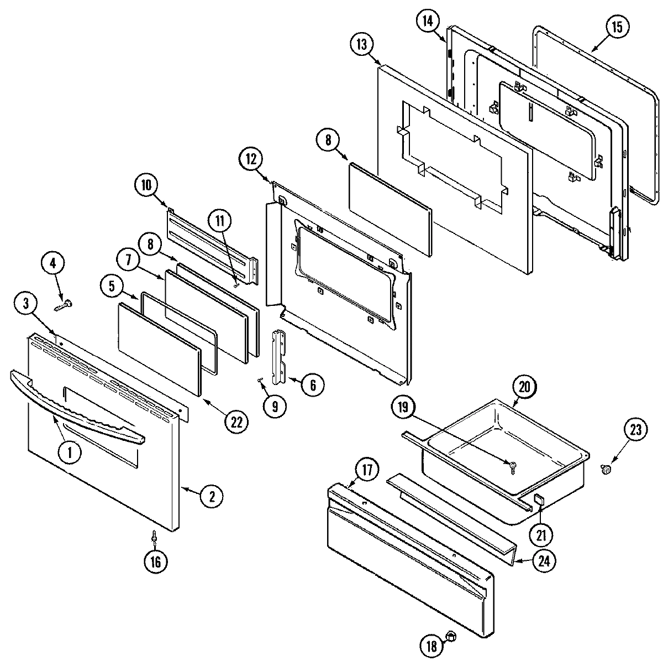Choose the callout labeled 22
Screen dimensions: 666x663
236,422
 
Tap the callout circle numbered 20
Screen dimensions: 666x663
525,387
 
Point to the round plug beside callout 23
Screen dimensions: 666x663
606,470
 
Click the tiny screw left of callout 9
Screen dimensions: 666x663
260,379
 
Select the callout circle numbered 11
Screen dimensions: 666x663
220,222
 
